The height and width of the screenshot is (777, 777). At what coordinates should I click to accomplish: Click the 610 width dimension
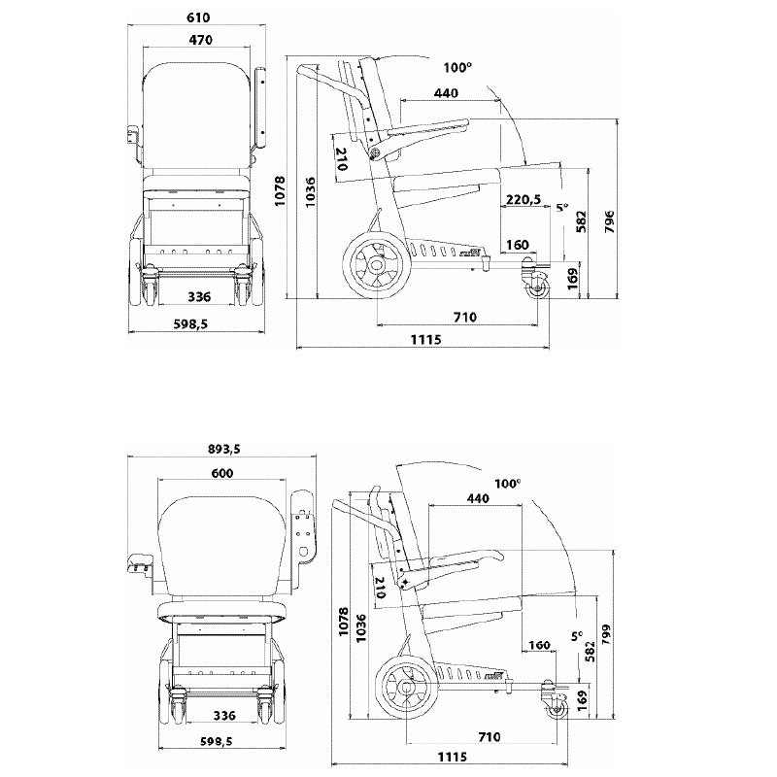(198, 17)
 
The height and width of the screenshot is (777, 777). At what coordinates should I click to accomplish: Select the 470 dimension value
(201, 40)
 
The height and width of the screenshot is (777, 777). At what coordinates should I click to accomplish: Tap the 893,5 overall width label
(224, 449)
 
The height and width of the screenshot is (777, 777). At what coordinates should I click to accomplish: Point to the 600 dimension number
(222, 473)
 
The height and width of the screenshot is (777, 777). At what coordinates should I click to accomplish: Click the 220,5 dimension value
(523, 200)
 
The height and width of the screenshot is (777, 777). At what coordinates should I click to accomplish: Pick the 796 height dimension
(610, 221)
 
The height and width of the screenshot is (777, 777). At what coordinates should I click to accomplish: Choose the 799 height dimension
(606, 635)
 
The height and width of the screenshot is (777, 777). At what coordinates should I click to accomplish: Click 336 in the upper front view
(199, 297)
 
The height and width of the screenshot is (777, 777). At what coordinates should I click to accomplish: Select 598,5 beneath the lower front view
(216, 741)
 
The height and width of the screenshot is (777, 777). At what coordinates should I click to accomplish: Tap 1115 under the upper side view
(425, 340)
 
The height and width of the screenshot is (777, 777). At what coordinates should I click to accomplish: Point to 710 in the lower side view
(489, 737)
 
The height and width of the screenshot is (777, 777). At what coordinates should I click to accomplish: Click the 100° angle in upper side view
(457, 67)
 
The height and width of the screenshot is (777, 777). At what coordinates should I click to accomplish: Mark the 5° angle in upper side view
(562, 207)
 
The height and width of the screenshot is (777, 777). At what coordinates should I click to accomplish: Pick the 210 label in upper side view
(342, 159)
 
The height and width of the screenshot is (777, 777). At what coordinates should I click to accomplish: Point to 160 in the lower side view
(540, 645)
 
